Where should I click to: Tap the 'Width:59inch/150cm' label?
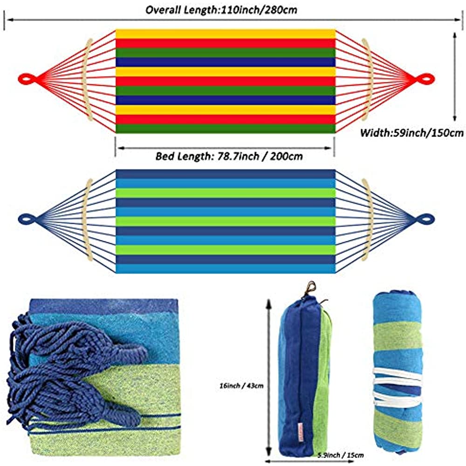(x=412, y=133)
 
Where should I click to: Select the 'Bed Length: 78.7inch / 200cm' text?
(x=229, y=156)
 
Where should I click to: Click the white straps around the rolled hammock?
(x=396, y=387)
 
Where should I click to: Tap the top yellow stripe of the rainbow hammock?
(x=225, y=34)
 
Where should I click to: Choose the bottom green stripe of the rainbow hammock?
(x=225, y=129)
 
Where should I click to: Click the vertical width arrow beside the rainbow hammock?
(x=455, y=77)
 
